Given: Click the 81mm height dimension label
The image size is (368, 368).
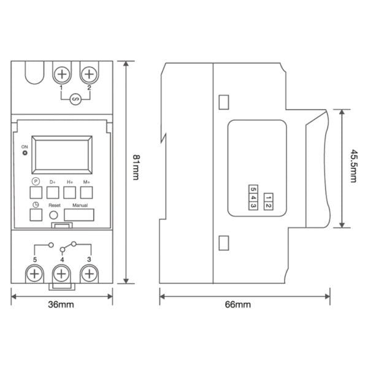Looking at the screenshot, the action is (x=136, y=167).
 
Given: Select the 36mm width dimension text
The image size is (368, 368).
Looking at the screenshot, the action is (x=61, y=305).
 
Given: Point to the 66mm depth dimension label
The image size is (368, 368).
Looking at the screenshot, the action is (x=238, y=305).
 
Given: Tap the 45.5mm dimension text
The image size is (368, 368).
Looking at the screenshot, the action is (x=353, y=166).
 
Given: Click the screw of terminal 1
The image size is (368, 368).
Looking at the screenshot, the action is (x=62, y=74).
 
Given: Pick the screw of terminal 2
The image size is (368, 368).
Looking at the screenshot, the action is (x=89, y=74).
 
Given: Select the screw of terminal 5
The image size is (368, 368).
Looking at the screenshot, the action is (x=34, y=274).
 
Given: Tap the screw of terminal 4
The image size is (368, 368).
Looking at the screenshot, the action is (x=61, y=274).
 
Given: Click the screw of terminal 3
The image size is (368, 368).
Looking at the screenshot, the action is (x=89, y=274).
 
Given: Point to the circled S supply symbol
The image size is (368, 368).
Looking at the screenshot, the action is (x=75, y=99).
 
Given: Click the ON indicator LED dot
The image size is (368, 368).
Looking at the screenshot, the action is (x=25, y=153).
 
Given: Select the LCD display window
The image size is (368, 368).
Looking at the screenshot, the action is (x=62, y=155).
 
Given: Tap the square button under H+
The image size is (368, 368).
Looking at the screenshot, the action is (x=70, y=193).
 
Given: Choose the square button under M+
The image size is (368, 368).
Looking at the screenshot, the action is (x=86, y=193).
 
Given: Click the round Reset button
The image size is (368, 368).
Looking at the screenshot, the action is (x=53, y=215).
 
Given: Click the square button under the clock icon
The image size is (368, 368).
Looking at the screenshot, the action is (x=36, y=215).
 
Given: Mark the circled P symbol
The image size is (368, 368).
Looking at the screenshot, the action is (x=36, y=182).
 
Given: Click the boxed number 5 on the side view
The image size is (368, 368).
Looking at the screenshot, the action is (x=253, y=189).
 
